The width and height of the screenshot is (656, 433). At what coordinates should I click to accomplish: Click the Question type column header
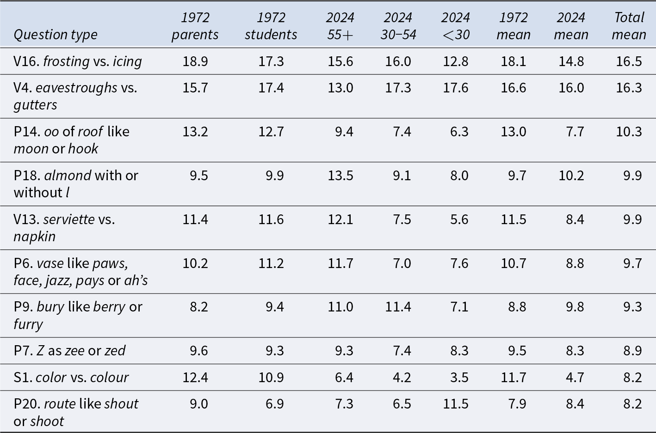pos(56,35)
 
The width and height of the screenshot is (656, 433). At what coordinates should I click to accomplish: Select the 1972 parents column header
pos(195,26)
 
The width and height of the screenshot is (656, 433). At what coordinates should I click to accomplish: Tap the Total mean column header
pos(629,26)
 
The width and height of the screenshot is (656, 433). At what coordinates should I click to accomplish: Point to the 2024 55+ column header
pos(340,26)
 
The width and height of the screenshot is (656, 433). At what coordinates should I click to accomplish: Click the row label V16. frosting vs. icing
pos(78,61)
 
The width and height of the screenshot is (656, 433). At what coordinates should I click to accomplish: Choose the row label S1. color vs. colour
pos(71,378)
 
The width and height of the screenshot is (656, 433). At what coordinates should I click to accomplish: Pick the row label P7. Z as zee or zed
pos(69,350)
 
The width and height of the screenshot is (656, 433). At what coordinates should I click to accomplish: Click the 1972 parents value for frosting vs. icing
pos(195,61)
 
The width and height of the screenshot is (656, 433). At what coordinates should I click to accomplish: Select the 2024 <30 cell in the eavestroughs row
pos(455,88)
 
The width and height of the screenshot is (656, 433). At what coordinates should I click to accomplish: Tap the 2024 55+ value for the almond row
pos(340,176)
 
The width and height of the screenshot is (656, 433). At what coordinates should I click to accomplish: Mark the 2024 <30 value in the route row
pos(455,404)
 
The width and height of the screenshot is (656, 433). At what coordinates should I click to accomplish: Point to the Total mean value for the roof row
pos(629,132)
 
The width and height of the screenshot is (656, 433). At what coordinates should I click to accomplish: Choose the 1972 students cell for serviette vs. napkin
pos(271,220)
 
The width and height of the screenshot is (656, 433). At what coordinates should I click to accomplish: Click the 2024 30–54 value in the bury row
pos(398,307)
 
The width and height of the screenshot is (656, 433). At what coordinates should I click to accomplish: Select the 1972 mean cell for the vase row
pos(514,263)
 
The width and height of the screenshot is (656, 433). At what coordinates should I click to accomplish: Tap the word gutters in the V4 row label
pos(35,105)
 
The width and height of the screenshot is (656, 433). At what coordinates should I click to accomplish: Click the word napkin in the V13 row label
pos(34,237)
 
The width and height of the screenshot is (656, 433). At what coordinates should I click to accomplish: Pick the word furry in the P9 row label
pos(28,324)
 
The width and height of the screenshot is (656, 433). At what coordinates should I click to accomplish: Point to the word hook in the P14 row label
pos(83,149)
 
